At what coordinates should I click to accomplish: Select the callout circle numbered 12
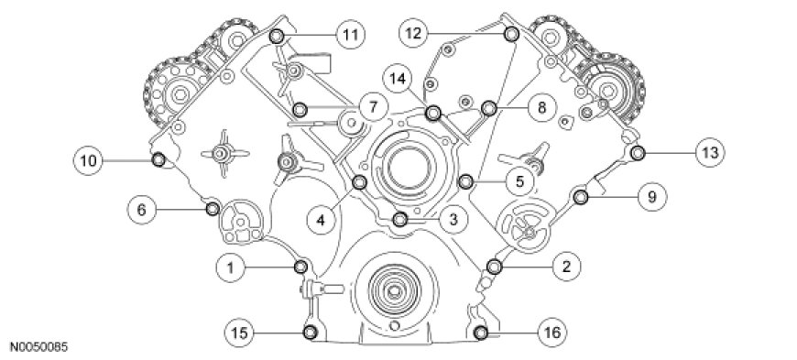[413, 34]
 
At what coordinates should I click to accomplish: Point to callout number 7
[373, 107]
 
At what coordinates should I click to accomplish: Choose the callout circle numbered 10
[88, 160]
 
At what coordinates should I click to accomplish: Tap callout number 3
[453, 219]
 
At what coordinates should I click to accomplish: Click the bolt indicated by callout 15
[310, 333]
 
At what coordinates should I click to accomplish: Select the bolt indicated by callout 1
[300, 266]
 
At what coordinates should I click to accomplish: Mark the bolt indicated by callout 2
[494, 266]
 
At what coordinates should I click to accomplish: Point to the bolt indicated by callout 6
[213, 209]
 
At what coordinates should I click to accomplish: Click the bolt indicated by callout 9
[581, 196]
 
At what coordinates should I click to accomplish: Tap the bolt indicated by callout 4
[359, 182]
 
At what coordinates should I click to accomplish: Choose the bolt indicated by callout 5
[466, 180]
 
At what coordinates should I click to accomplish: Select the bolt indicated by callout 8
[488, 108]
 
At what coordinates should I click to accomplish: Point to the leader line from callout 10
[127, 160]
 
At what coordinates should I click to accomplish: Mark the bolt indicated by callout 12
[511, 34]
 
